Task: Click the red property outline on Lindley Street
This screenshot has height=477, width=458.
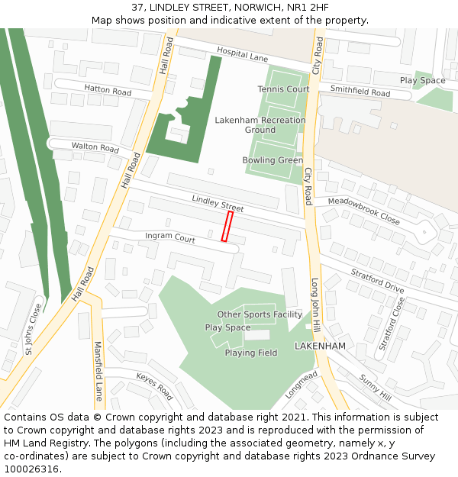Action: click(x=227, y=227)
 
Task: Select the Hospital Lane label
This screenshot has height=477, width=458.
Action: click(x=242, y=57)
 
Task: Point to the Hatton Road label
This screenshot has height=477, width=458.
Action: click(x=108, y=90)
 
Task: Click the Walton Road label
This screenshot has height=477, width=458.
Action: click(x=95, y=147)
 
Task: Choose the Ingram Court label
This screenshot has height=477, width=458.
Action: click(x=170, y=237)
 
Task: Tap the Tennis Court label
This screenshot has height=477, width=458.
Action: click(x=283, y=89)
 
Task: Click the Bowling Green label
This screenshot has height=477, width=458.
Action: click(x=273, y=160)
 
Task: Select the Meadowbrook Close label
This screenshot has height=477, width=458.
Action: click(x=363, y=211)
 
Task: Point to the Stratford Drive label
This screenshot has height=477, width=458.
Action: click(x=377, y=281)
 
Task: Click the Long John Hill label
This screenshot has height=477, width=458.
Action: click(x=314, y=304)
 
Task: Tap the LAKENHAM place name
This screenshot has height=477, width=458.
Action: click(x=320, y=346)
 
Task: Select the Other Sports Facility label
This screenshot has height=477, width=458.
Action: click(x=260, y=314)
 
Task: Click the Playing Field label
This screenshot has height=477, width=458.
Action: click(x=250, y=353)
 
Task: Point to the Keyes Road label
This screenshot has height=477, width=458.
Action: click(x=154, y=386)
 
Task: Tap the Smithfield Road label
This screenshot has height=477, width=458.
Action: click(x=360, y=92)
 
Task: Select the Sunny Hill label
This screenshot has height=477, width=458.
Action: click(x=375, y=388)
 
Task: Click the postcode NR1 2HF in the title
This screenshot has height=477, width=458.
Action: click(x=302, y=7)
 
